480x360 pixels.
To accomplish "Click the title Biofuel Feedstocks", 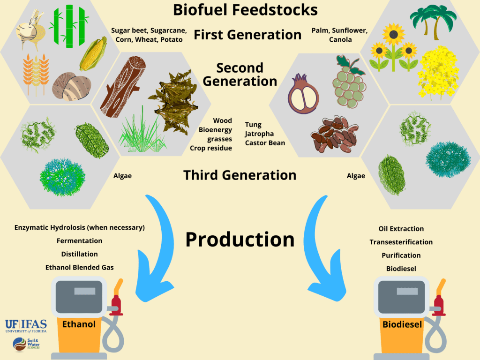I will click(245, 10).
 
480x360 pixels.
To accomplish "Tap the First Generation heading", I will click(247, 34).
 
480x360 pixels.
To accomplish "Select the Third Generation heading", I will click(240, 175).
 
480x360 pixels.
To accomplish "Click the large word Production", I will click(240, 239).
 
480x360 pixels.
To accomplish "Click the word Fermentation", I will click(79, 240).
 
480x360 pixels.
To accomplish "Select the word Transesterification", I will click(401, 242).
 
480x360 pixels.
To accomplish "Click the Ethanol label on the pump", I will click(79, 324).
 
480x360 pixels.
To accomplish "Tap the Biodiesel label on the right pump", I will click(402, 324).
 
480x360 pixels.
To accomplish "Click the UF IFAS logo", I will click(22, 325).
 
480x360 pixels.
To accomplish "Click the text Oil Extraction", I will click(401, 229).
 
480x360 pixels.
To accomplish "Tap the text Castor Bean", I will click(265, 142).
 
